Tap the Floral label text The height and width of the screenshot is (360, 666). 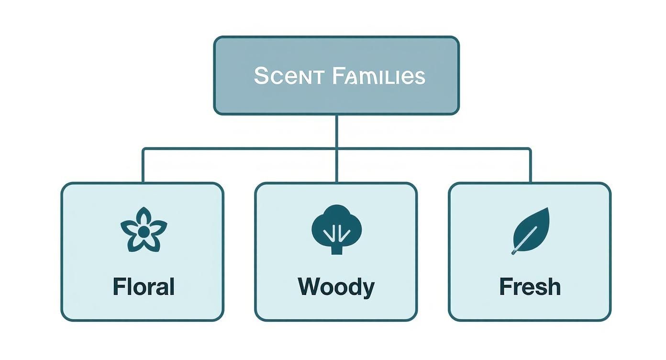(144, 287)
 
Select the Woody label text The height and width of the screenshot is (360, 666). (336, 287)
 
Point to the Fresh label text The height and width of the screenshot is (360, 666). (530, 287)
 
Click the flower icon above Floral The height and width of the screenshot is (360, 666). (144, 230)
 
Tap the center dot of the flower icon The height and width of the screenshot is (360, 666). (144, 232)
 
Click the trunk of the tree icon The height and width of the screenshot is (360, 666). (337, 248)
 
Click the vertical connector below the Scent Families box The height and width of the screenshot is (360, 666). (337, 131)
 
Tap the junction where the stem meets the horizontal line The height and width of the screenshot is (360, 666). (337, 148)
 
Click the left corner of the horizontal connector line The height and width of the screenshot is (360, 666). (143, 149)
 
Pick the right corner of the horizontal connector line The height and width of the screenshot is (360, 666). (530, 149)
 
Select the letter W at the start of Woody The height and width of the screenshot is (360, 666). (308, 287)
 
